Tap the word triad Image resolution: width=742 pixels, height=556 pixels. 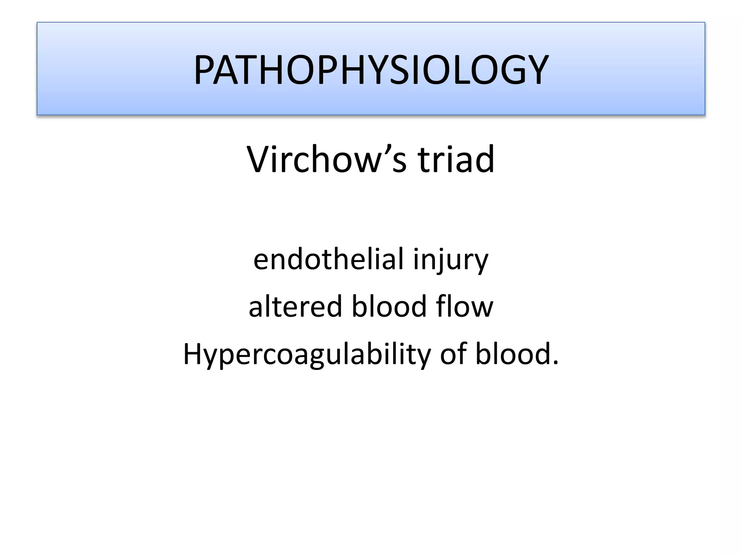coord(456,160)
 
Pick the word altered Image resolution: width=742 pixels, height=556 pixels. coord(295,306)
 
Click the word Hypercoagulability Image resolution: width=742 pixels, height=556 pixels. coord(307,355)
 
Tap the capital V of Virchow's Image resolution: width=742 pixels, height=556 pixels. coord(258,160)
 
